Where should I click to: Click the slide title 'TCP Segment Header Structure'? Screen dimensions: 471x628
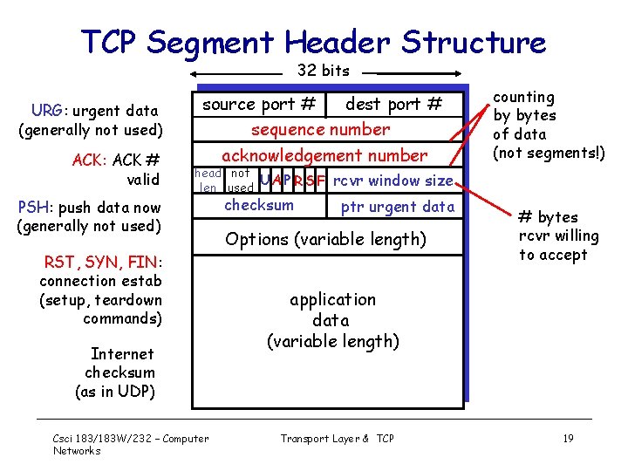click(x=313, y=41)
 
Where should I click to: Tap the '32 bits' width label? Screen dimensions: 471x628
click(x=323, y=71)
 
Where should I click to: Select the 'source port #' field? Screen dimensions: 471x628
click(x=259, y=105)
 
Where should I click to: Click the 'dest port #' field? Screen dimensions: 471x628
click(x=393, y=105)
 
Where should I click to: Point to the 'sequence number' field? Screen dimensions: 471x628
click(x=320, y=130)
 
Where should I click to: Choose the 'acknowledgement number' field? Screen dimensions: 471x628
click(x=324, y=156)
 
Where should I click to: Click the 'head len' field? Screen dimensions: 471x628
click(x=208, y=181)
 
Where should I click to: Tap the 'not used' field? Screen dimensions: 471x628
click(x=240, y=181)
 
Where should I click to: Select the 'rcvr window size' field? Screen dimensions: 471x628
click(x=392, y=181)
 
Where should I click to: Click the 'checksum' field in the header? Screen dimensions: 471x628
click(x=259, y=206)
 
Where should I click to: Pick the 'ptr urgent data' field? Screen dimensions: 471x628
click(x=397, y=207)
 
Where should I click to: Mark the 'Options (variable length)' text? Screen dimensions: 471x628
click(x=325, y=239)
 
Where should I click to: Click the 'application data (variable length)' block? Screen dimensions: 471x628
click(x=332, y=320)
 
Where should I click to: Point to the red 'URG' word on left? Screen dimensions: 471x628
click(x=45, y=111)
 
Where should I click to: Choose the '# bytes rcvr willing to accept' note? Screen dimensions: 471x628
click(x=558, y=235)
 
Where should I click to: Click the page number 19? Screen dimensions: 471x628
click(x=568, y=439)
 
